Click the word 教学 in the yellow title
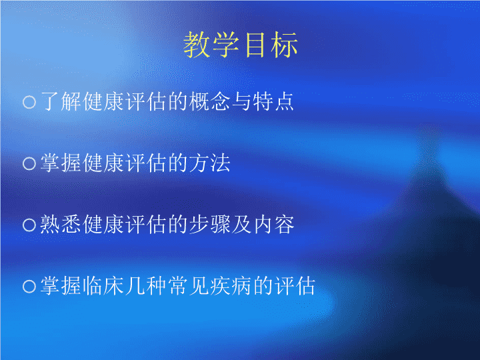tap(211, 45)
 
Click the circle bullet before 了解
tap(29, 102)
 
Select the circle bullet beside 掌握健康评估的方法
tap(29, 163)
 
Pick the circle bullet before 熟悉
tap(29, 225)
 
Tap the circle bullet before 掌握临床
tap(29, 287)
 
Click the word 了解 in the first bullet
tap(61, 101)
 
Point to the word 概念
tap(209, 101)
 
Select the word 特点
tap(273, 101)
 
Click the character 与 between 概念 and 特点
tap(241, 101)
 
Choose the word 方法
tap(210, 163)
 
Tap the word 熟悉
tap(61, 225)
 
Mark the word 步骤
tap(210, 225)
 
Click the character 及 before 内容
tap(241, 225)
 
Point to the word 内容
tap(274, 225)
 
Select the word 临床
tap(103, 286)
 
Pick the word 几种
tap(145, 286)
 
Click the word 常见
tap(188, 286)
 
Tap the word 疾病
tap(231, 286)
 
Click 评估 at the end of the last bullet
tap(295, 286)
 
